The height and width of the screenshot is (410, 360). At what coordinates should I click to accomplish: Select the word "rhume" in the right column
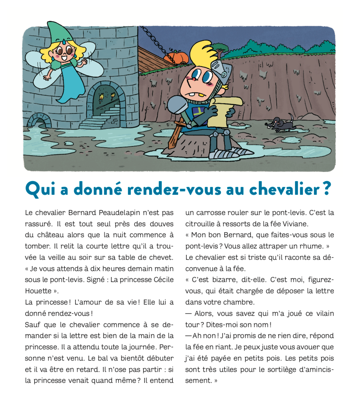coord(313,246)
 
